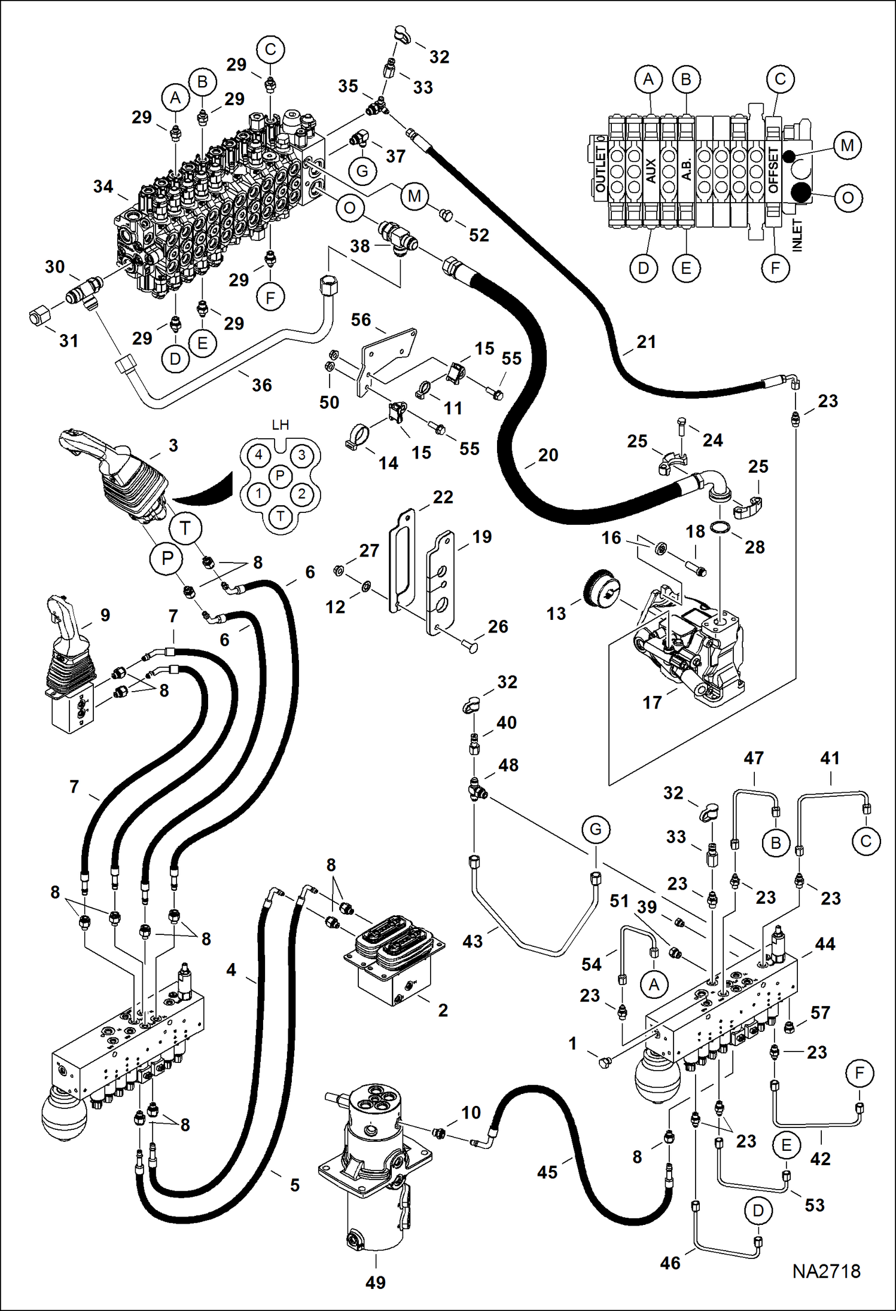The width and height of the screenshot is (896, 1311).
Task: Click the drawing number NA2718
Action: point(826,1271)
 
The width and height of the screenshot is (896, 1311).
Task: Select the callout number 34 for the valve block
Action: point(103,187)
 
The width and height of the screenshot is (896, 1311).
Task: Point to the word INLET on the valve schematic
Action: point(797,235)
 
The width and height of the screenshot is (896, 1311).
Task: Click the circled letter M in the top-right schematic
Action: point(847,145)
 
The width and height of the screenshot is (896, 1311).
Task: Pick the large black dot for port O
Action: point(800,192)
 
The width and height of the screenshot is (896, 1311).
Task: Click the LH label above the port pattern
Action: point(280,425)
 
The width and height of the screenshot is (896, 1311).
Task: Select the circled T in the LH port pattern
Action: point(281,516)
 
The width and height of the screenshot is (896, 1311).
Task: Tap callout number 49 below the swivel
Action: point(376,1282)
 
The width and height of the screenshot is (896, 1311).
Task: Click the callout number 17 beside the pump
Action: point(652,702)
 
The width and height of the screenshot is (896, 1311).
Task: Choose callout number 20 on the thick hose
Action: point(548,455)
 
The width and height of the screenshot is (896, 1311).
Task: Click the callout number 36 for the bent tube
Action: point(261,385)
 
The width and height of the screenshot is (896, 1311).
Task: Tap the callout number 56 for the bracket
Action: point(361,320)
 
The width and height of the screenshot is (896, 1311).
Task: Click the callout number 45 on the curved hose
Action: point(547,1172)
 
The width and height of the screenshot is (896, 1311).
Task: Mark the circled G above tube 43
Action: point(595,829)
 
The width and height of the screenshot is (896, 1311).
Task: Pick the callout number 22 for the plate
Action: point(443,497)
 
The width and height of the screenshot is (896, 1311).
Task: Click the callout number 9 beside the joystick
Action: point(105,615)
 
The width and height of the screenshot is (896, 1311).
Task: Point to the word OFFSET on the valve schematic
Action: point(773,170)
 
